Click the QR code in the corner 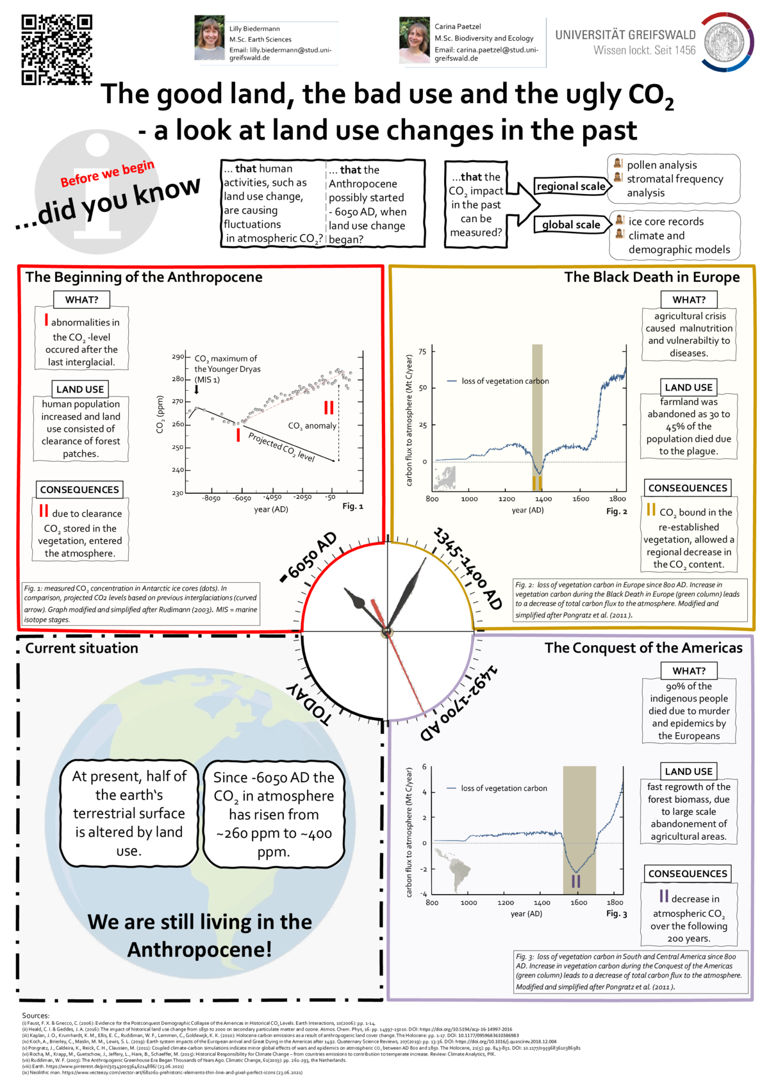point(56,49)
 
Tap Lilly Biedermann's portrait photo point(210,38)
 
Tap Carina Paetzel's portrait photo point(415,40)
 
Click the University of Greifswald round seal point(726,42)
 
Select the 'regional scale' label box point(571,186)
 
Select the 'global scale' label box point(571,225)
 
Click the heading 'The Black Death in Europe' point(652,277)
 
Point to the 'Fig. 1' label point(352,506)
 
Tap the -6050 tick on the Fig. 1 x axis point(242,498)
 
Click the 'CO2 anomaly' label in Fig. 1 point(312,426)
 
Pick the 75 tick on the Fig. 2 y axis point(422,352)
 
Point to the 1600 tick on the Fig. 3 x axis point(579,903)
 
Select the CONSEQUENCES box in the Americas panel point(688,874)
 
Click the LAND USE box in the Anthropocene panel point(80,389)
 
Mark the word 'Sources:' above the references point(36,1015)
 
